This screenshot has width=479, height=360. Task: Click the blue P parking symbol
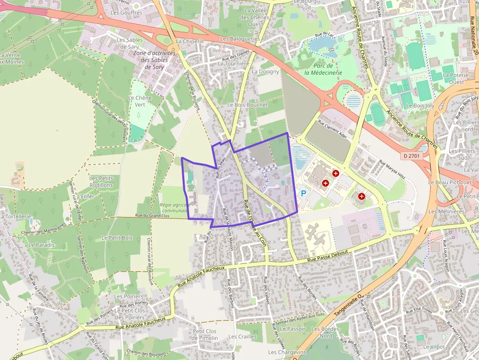(303, 193)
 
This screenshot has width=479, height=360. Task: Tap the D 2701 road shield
(412, 156)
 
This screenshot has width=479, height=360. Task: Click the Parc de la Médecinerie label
(323, 69)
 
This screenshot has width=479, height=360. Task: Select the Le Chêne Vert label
(140, 101)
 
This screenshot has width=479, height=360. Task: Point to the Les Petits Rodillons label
(101, 182)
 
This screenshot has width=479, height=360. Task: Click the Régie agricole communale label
(174, 208)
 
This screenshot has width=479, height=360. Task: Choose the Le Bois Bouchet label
(247, 105)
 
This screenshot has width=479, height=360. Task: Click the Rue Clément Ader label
(332, 129)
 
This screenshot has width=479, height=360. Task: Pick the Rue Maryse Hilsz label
(392, 169)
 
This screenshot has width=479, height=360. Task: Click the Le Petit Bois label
(117, 237)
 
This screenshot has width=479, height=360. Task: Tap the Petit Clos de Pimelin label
(205, 334)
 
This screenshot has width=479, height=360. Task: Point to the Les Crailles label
(242, 337)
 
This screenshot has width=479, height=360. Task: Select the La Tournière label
(233, 64)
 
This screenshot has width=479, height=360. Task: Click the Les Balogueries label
(240, 38)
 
